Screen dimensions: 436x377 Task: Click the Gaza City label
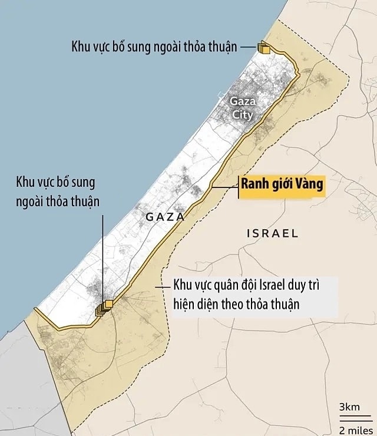click(x=242, y=107)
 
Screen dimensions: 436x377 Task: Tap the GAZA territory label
click(x=165, y=217)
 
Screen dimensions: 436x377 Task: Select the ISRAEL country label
click(x=272, y=233)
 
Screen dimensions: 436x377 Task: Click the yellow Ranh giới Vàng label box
click(x=282, y=184)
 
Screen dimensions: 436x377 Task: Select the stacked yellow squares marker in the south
click(x=104, y=307)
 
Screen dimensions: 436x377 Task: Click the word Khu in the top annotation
click(x=81, y=47)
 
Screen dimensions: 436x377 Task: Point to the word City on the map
click(x=242, y=114)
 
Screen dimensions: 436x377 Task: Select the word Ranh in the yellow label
click(x=255, y=184)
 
